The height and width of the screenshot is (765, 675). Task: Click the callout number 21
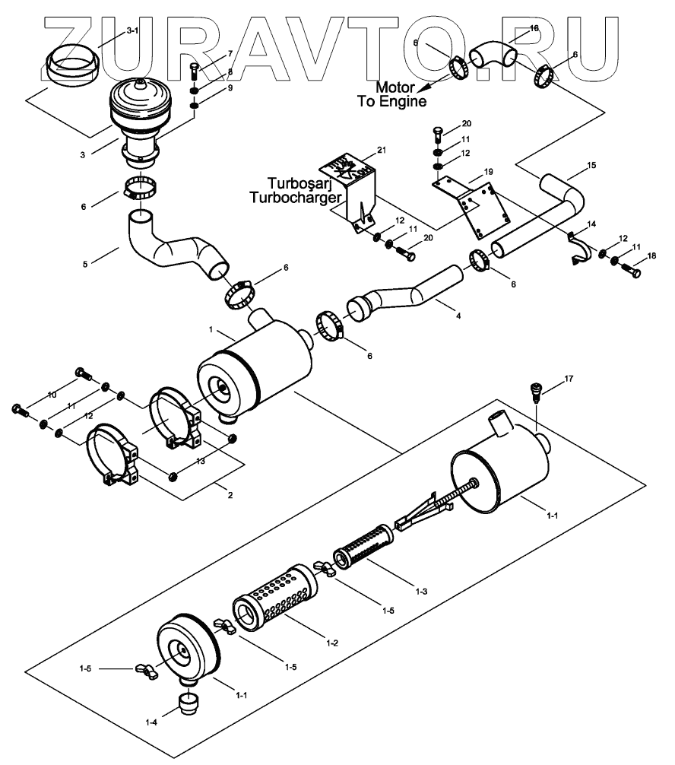(x=381, y=151)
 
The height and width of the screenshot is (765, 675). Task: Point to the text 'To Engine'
(x=392, y=100)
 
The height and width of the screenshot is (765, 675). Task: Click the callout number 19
(x=488, y=172)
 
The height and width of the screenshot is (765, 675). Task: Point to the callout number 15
(x=591, y=164)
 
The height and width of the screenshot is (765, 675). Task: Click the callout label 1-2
(x=331, y=643)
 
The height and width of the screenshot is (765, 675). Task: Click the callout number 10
(x=52, y=394)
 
